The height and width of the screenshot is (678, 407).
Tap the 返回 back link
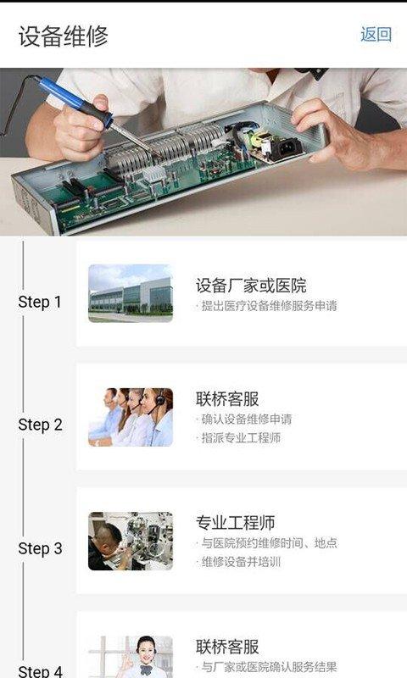(x=376, y=35)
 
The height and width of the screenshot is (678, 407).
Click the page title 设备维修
(x=63, y=36)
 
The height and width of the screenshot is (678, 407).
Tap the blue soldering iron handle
(x=75, y=101)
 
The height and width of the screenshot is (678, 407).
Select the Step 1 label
(x=40, y=302)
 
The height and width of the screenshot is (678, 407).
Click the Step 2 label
(x=40, y=425)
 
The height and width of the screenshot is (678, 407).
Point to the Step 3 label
(x=40, y=548)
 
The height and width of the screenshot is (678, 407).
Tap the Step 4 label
(x=40, y=671)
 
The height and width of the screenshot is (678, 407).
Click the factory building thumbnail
(x=131, y=293)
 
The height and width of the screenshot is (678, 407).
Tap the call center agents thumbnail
(x=131, y=417)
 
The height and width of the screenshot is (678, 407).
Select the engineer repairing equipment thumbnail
(x=131, y=541)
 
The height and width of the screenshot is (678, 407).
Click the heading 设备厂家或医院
(x=251, y=286)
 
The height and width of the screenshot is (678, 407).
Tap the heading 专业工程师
(x=235, y=522)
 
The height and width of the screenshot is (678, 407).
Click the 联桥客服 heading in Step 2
(x=227, y=398)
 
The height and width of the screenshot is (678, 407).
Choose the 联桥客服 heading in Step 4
(x=227, y=647)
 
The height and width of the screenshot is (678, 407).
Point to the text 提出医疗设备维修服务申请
(x=266, y=306)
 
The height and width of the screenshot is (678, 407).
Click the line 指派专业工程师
(x=238, y=438)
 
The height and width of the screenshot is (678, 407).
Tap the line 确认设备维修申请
(x=244, y=419)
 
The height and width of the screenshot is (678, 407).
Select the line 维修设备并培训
(x=238, y=562)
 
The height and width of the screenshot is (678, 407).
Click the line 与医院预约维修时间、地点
(x=266, y=542)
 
